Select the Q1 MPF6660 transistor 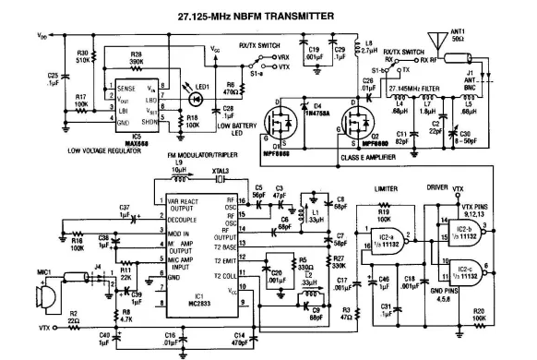pos(283,127)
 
